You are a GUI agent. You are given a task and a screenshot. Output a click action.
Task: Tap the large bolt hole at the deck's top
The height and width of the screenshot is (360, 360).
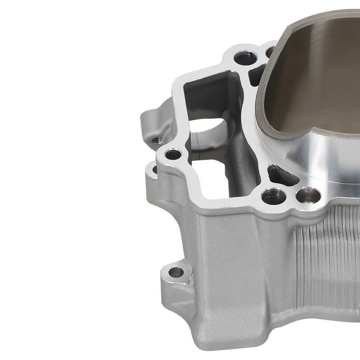click(245, 58)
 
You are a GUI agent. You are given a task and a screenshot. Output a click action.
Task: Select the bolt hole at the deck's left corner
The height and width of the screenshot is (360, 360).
click(173, 155)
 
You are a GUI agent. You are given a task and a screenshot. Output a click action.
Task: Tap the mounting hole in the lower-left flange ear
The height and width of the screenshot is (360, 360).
click(175, 272)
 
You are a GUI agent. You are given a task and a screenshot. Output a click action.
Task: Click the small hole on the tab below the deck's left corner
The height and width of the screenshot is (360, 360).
click(155, 168)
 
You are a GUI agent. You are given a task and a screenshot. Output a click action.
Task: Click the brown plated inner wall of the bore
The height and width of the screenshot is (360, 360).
click(317, 83)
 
